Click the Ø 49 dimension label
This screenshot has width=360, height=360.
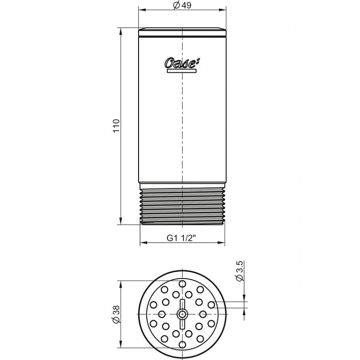pyautogui.click(x=182, y=5)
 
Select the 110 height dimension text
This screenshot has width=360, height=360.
pyautogui.click(x=116, y=126)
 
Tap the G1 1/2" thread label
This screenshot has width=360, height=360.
pyautogui.click(x=181, y=238)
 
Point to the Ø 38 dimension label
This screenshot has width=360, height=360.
pyautogui.click(x=116, y=314)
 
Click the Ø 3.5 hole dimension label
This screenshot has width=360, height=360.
pyautogui.click(x=240, y=271)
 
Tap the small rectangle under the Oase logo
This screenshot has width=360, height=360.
pyautogui.click(x=182, y=71)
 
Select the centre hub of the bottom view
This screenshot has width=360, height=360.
pyautogui.click(x=182, y=314)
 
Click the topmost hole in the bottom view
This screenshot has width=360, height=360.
pyautogui.click(x=182, y=284)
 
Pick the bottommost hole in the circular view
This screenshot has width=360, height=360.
pyautogui.click(x=182, y=345)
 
